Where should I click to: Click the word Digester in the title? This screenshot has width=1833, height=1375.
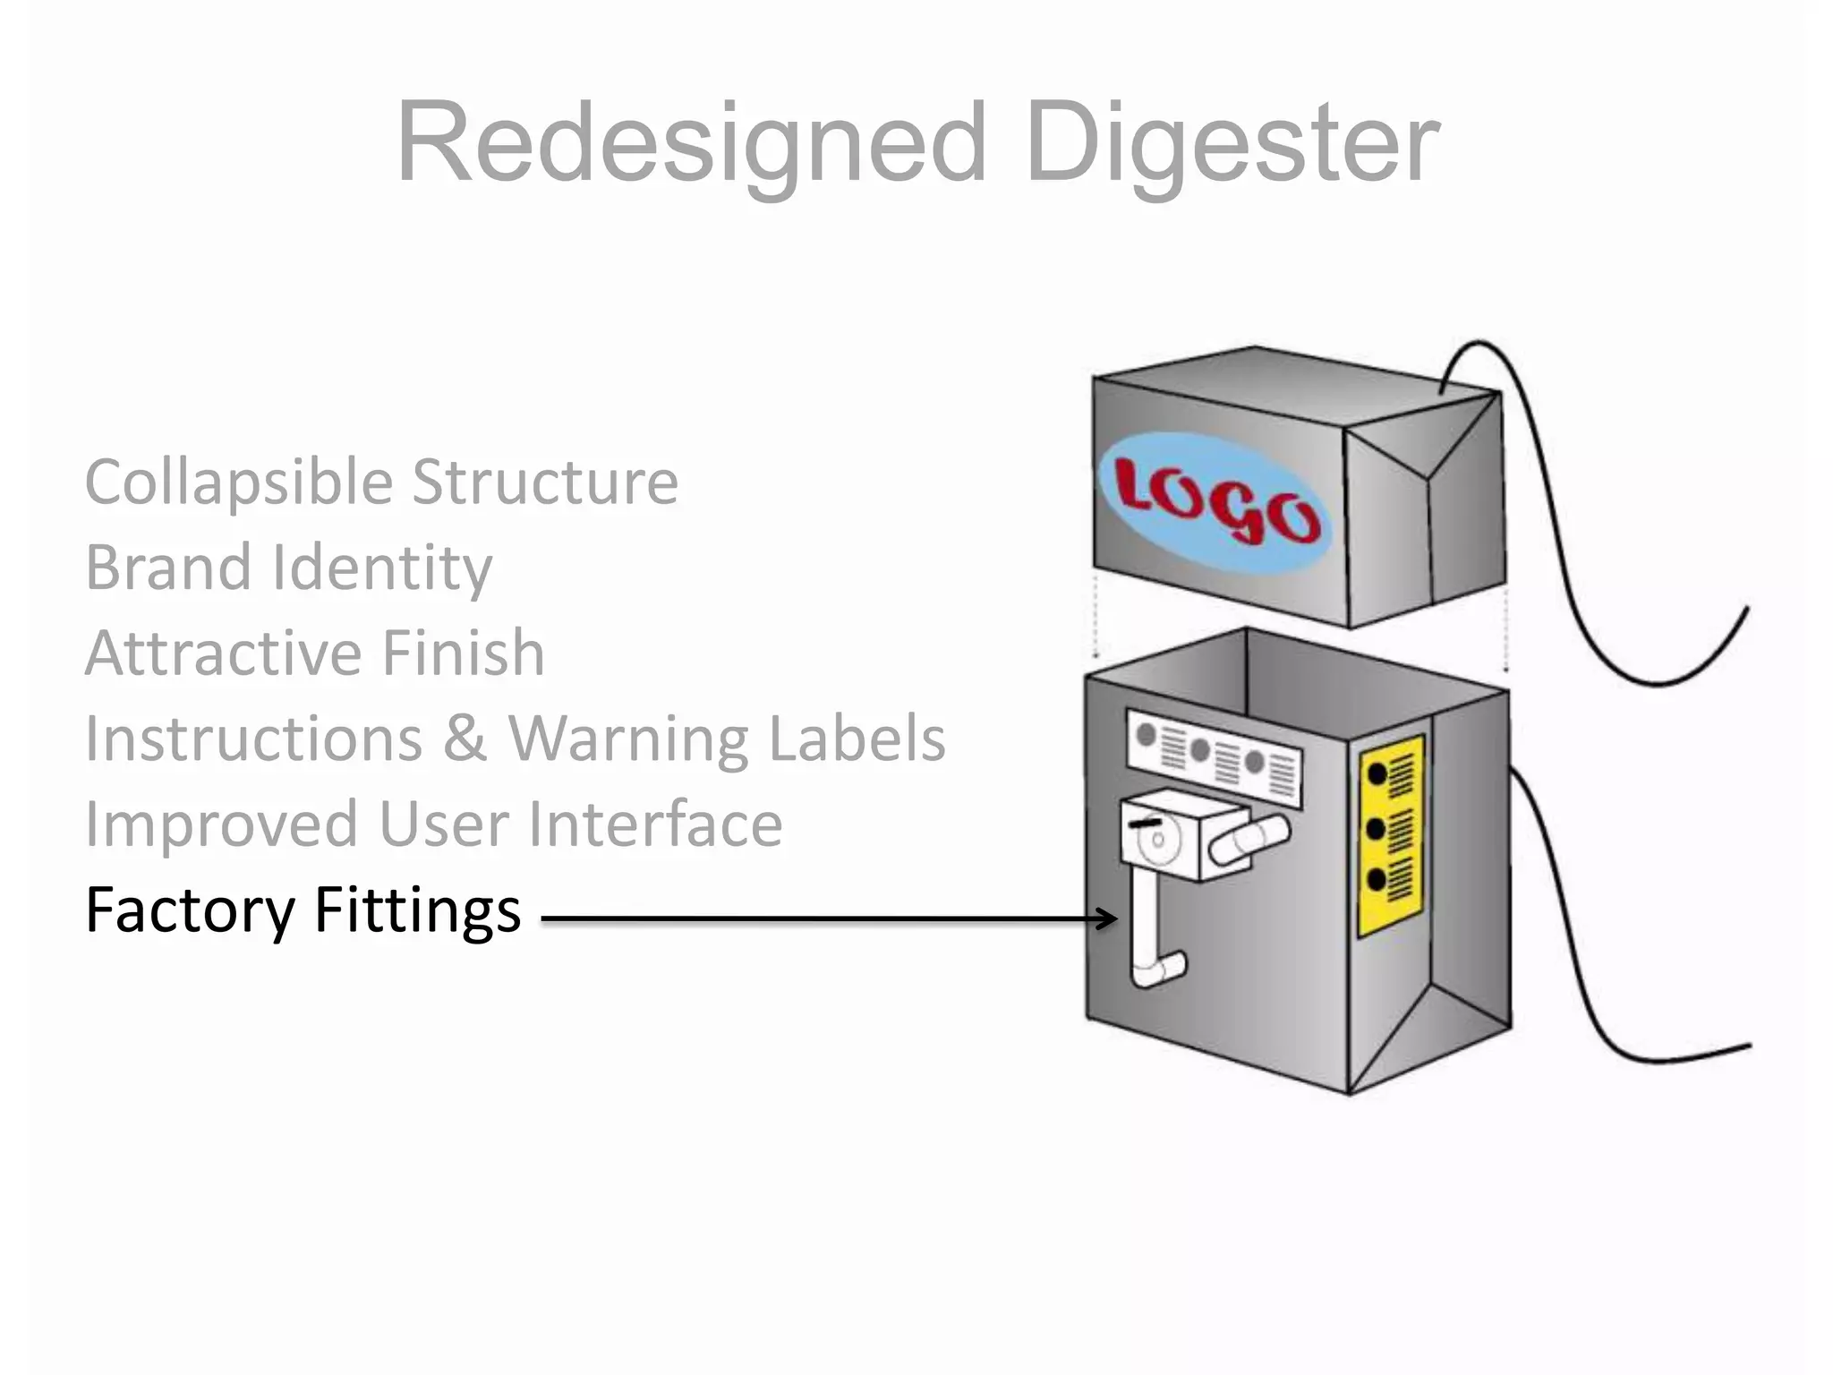pos(1232,143)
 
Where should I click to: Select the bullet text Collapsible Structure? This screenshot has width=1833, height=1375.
pos(381,483)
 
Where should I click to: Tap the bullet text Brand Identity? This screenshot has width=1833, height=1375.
pos(288,568)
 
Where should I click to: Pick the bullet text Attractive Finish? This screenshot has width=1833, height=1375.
pos(314,653)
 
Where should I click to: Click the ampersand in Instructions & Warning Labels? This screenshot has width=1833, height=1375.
pos(465,739)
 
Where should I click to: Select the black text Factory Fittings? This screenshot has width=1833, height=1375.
pos(303,910)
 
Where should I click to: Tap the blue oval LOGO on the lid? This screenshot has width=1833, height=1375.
pos(1215,503)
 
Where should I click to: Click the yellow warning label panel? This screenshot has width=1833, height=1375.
pos(1391,836)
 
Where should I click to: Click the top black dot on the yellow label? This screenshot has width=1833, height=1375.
pos(1377,773)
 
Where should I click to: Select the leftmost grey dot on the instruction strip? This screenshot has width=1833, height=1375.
pos(1145,735)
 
